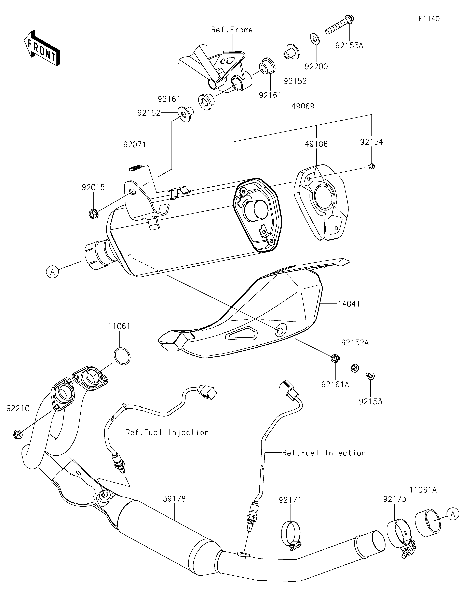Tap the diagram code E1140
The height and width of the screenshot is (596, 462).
click(429, 19)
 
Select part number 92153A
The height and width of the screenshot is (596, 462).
click(349, 46)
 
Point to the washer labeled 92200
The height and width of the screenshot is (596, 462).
click(316, 38)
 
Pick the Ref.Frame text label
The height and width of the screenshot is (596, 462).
click(232, 30)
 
